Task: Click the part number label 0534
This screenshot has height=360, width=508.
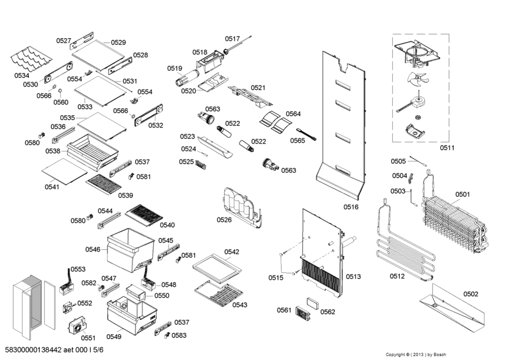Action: click(x=22, y=75)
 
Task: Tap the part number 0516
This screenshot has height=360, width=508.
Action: click(x=350, y=207)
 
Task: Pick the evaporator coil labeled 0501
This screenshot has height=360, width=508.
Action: click(x=454, y=221)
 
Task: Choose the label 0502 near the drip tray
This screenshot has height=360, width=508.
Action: click(x=471, y=294)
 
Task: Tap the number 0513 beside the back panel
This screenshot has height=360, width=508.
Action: click(x=353, y=277)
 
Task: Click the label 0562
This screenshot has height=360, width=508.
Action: click(x=327, y=312)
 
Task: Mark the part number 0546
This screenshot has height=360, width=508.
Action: click(x=93, y=249)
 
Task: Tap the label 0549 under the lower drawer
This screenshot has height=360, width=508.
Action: click(x=114, y=337)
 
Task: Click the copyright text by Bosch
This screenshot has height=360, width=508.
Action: click(x=416, y=354)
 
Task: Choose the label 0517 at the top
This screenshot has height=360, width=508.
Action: click(x=232, y=39)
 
